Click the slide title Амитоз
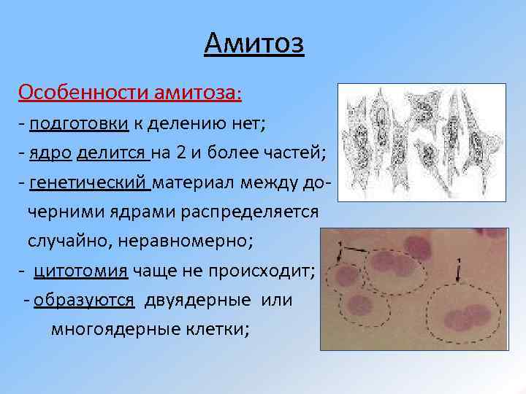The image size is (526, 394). (x=254, y=45)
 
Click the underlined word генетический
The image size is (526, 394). (x=90, y=182)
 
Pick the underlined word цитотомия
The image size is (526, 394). (x=81, y=271)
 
